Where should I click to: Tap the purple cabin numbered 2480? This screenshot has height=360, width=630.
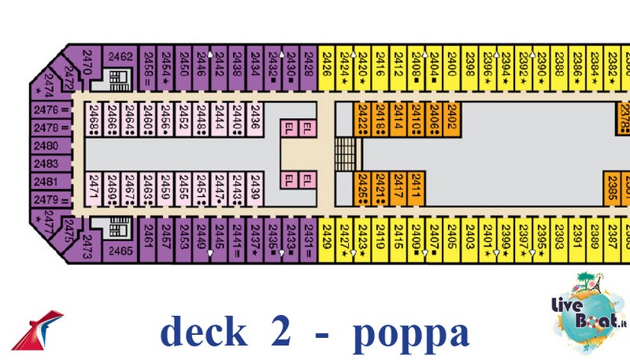tap(49, 146)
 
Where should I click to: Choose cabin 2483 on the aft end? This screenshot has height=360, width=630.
tap(49, 164)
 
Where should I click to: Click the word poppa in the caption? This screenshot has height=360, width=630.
tap(410, 333)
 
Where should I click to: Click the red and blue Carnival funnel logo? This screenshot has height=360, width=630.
tap(39, 329)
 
